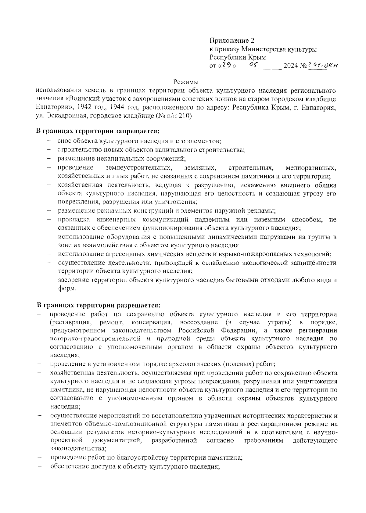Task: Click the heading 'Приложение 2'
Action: pos(231,41)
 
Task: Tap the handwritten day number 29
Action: pos(227,65)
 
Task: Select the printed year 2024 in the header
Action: pos(291,66)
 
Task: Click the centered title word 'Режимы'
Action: pos(186,82)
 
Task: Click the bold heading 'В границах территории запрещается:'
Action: pos(98,131)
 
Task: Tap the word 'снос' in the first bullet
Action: pos(64,141)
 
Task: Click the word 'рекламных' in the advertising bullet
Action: pos(116,211)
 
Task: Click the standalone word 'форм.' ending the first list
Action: pos(67,289)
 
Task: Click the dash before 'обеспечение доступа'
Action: pos(39,466)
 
